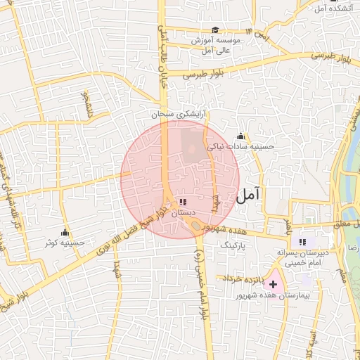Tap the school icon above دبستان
pyautogui.click(x=184, y=202)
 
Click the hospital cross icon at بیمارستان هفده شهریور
pyautogui.click(x=273, y=286)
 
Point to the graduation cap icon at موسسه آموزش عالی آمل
pyautogui.click(x=215, y=30)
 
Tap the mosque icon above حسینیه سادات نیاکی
pyautogui.click(x=241, y=136)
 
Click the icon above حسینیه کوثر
pyautogui.click(x=65, y=232)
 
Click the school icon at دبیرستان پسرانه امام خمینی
pyautogui.click(x=302, y=241)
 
